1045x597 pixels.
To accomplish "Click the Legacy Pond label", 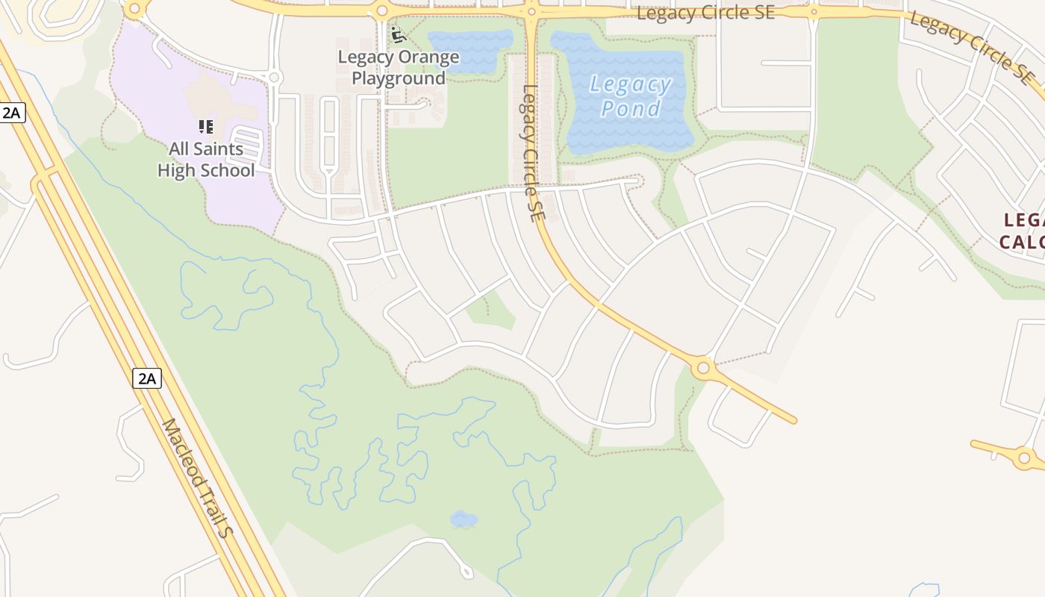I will pos(631,96).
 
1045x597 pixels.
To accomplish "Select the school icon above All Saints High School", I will pos(206,127).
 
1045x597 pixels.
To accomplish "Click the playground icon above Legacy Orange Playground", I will pos(398,35).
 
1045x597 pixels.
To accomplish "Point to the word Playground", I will pos(399,78).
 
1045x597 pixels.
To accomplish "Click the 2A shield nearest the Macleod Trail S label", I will pos(147,378).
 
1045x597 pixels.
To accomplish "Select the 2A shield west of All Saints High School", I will pos(12,113).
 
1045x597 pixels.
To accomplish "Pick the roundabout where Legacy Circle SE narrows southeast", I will pos(702,367).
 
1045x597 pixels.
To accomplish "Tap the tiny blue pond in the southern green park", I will pos(464,519).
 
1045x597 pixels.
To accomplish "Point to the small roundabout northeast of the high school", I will pos(274,78).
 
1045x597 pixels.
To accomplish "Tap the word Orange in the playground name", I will pos(432,57).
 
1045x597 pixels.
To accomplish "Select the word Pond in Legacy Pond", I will pos(631,109).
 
